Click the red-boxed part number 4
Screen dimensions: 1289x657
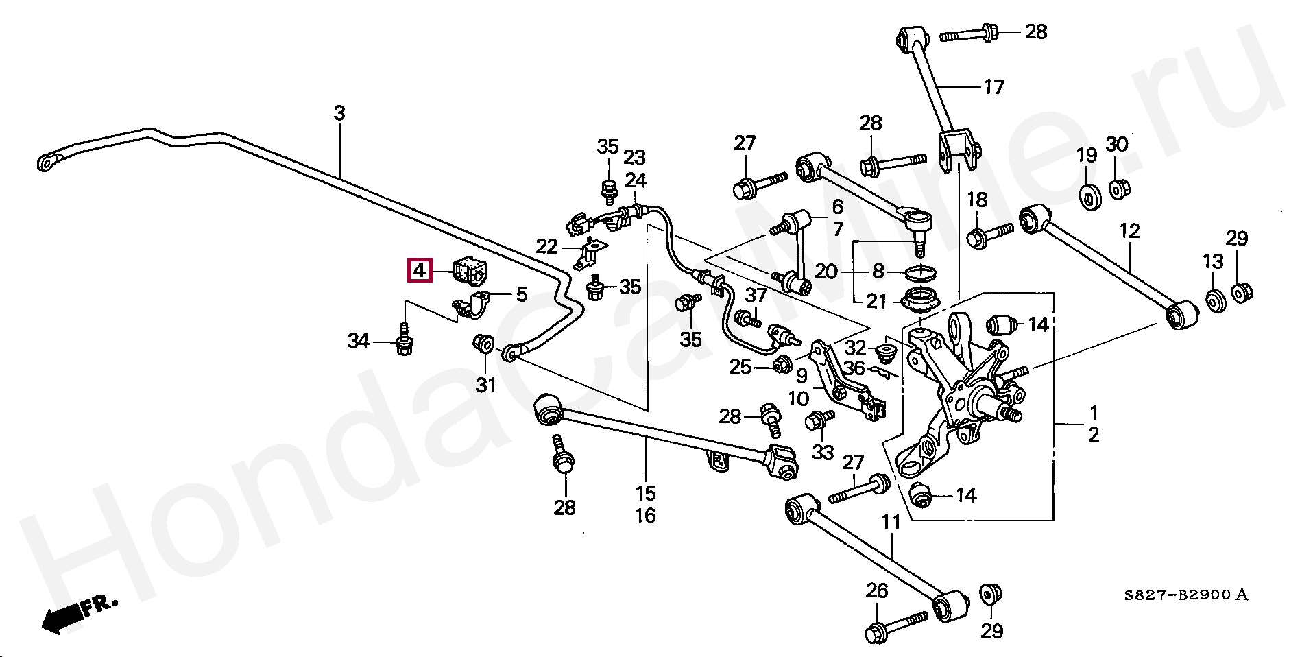point(420,270)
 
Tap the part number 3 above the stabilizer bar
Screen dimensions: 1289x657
point(339,114)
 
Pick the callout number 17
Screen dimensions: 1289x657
point(993,87)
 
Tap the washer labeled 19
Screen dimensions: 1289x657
point(1087,196)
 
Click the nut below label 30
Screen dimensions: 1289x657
point(1118,187)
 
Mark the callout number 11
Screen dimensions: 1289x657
point(890,523)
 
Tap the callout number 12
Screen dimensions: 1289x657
point(1129,231)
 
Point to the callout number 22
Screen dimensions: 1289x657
point(547,246)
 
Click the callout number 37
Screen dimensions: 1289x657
point(756,296)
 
